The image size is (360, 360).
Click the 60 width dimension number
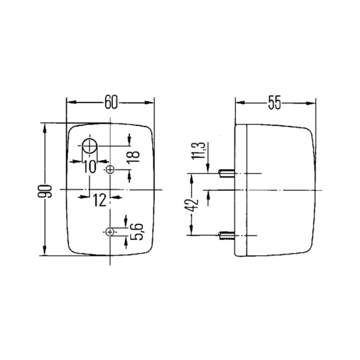tap(111, 102)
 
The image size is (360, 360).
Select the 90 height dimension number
tap(45, 191)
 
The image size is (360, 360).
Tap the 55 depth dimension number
tap(274, 103)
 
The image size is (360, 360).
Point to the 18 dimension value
tap(134, 157)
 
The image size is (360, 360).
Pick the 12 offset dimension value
tap(100, 200)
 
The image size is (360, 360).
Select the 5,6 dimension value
tap(137, 231)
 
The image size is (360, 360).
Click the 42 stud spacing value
tap(191, 205)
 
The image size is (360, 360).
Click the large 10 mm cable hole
tap(90, 146)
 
